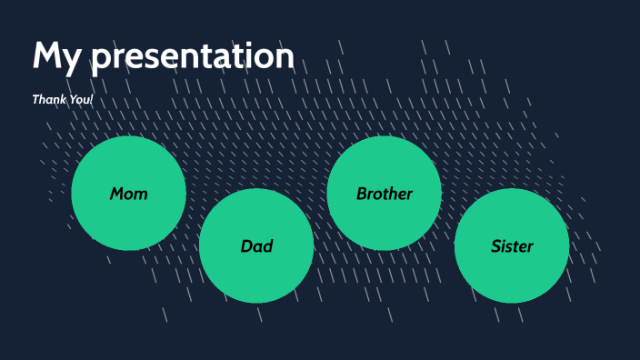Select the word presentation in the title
(x=193, y=57)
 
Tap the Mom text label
(x=128, y=194)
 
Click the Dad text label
(x=256, y=246)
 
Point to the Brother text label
(x=384, y=194)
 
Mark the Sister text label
(x=512, y=246)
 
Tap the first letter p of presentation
(x=101, y=60)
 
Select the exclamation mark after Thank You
(x=92, y=98)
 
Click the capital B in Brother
(x=362, y=194)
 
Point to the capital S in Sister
(x=495, y=246)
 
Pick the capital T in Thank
(x=36, y=98)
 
